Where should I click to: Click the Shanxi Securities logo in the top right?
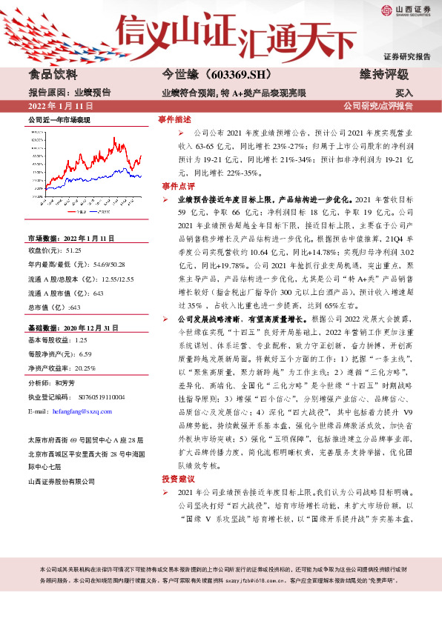click(406, 10)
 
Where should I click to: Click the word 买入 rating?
click(404, 93)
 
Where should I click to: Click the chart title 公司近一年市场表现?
click(59, 119)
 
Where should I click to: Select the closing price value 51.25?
click(73, 250)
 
